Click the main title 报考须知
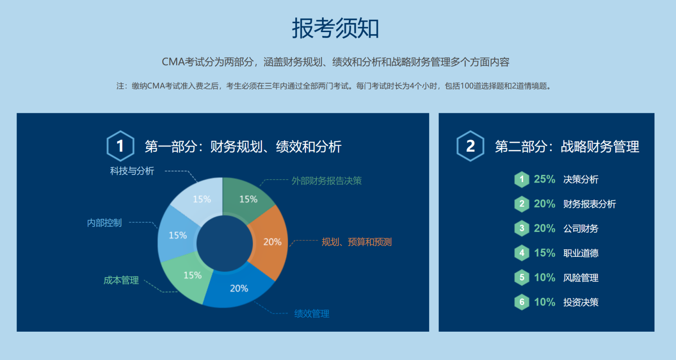(335, 28)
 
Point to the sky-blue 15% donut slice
(177, 235)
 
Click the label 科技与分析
(132, 171)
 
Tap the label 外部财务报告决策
(327, 181)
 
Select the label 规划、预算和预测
(357, 242)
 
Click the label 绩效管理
(312, 314)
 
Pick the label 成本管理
(121, 280)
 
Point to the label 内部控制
(104, 223)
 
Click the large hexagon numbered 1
(120, 146)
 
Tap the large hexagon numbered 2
(470, 146)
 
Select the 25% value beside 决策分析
(545, 179)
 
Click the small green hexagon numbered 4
(522, 253)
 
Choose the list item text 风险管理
(581, 278)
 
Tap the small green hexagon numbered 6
(522, 302)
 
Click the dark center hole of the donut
(224, 243)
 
